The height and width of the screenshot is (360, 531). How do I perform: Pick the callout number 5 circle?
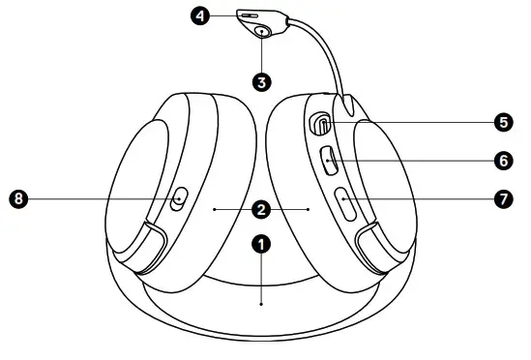tap(501, 122)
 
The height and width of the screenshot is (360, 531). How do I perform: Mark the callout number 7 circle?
tap(501, 198)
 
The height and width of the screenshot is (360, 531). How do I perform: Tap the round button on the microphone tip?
tap(264, 31)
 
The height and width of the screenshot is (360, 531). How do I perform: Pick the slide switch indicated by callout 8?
tap(178, 199)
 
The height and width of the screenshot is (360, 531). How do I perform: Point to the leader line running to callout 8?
tap(97, 199)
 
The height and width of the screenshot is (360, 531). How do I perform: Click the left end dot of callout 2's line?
tap(214, 207)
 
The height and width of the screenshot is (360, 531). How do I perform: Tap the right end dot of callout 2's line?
tap(308, 207)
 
